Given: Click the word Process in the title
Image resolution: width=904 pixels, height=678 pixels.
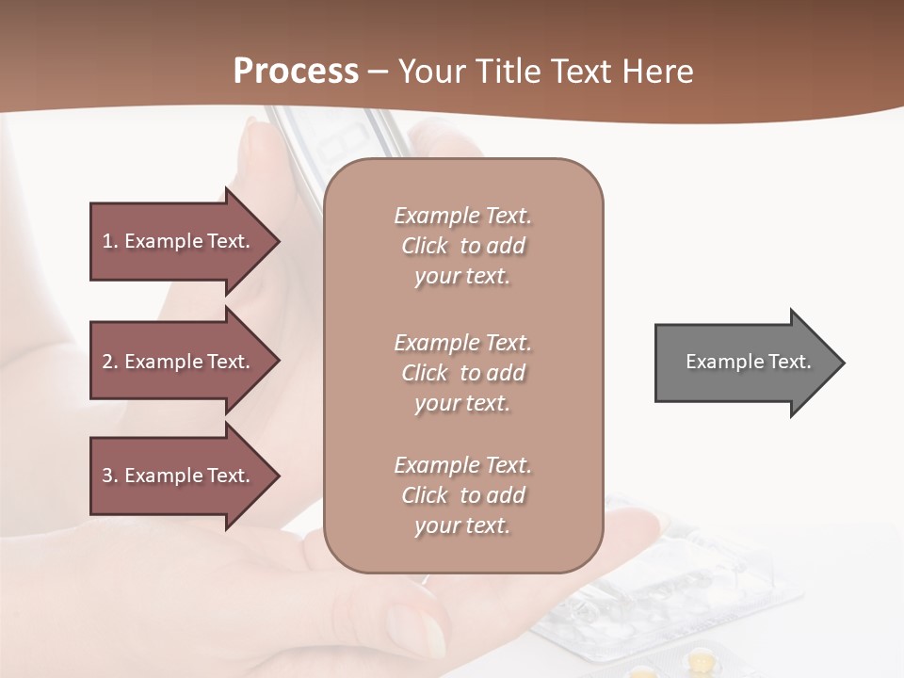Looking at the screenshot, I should (296, 72).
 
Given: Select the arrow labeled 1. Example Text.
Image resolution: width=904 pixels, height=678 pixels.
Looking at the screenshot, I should (179, 241).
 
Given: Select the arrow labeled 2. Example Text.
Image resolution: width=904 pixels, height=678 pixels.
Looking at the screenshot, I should (179, 362).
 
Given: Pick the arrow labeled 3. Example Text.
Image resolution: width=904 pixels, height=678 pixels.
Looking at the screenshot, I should (179, 476).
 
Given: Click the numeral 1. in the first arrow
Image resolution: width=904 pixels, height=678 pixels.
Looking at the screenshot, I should (110, 241).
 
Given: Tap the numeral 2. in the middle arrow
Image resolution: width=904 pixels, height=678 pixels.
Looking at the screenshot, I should (110, 362).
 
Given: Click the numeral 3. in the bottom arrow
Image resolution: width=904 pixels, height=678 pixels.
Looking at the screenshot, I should (110, 476).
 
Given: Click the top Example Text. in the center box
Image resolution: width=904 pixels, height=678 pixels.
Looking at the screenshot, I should (462, 216).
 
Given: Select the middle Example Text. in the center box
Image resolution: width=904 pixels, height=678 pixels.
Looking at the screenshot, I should (462, 342).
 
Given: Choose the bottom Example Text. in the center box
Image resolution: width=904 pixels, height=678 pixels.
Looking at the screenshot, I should (462, 465).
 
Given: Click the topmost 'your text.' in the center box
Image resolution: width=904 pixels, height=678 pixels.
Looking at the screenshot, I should (462, 277).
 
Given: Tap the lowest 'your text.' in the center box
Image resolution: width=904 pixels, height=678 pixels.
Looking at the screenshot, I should (462, 525).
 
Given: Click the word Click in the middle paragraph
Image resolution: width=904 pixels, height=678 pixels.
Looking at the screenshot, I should (425, 373).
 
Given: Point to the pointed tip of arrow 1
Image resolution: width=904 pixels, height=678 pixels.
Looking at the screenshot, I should (278, 241).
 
